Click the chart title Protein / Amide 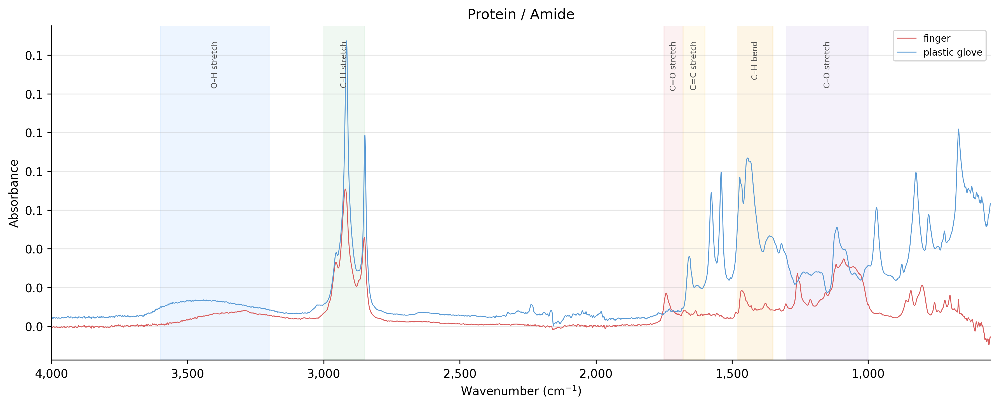click(x=520, y=14)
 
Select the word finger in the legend click(x=937, y=38)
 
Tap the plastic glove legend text click(x=953, y=52)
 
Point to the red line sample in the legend click(x=907, y=38)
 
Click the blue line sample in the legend click(x=907, y=52)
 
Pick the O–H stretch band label click(x=214, y=65)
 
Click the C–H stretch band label click(x=343, y=65)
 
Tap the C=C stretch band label click(x=693, y=66)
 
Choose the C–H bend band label click(x=754, y=61)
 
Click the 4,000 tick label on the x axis click(x=51, y=374)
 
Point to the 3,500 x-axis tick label click(x=188, y=374)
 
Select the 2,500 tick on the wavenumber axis click(x=460, y=374)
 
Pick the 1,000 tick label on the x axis click(x=868, y=374)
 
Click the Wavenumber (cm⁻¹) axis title click(x=521, y=391)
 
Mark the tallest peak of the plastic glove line click(x=346, y=41)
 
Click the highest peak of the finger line click(x=345, y=189)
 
